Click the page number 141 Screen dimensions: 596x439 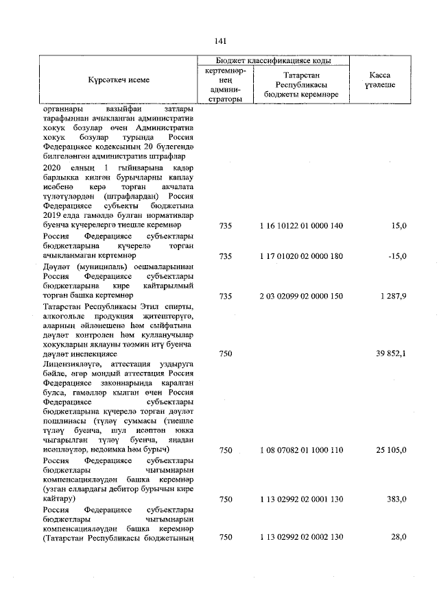(219, 40)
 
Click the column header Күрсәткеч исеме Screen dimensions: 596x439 (118, 80)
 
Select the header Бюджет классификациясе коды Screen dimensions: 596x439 (272, 61)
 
